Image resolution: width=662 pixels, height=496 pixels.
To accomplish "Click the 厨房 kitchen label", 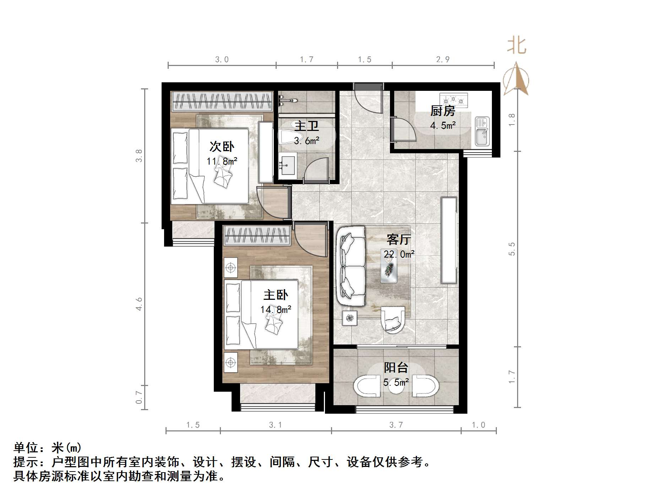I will click(443, 111).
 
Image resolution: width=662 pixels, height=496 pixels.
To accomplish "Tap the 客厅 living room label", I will click(398, 240).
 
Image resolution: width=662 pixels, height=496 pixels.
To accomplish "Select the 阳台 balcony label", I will click(396, 368).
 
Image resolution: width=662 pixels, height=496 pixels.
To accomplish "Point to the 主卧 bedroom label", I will click(276, 295).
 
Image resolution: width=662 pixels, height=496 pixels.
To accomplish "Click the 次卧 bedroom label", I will click(222, 147).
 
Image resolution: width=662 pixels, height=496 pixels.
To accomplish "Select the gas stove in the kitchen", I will click(454, 100).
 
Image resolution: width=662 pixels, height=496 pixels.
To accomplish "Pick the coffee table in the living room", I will click(389, 269).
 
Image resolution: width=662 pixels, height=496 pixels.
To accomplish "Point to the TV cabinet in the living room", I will click(449, 240).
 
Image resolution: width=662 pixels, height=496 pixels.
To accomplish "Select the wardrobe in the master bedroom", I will click(257, 236).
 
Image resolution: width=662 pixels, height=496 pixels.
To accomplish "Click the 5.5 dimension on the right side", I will click(511, 249).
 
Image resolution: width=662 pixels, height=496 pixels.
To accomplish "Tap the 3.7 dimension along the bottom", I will click(396, 425).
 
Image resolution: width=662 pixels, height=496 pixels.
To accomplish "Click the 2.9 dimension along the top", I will click(443, 60).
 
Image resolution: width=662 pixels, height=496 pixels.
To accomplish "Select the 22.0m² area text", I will click(399, 254).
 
